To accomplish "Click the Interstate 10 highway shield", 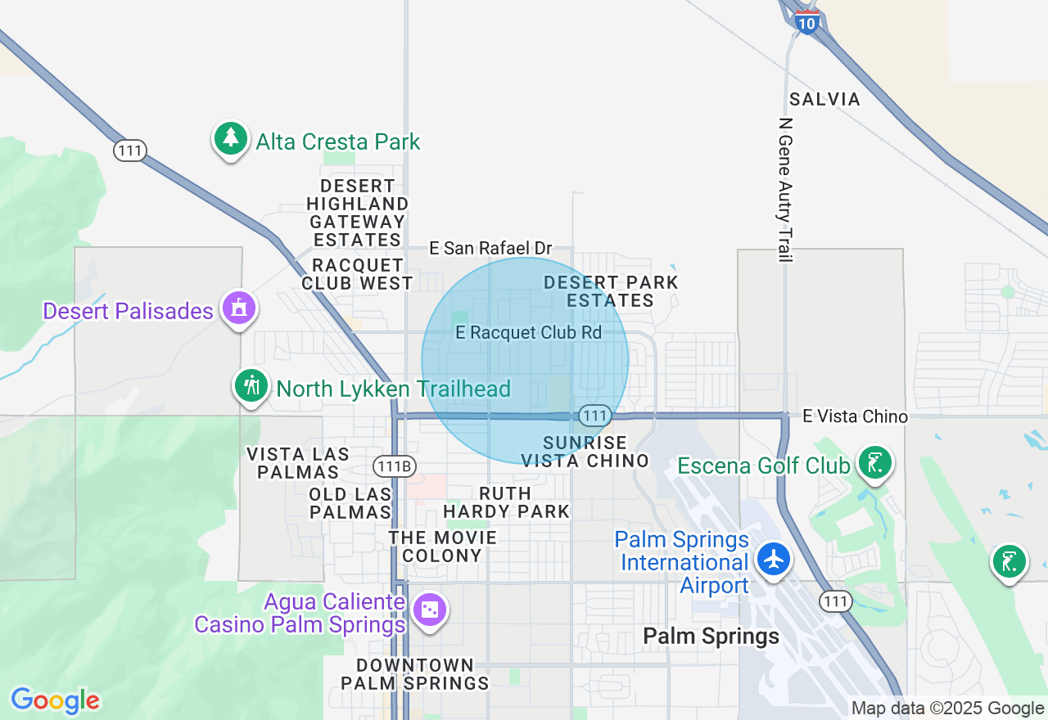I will point(807,23).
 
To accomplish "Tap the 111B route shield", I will point(395,466).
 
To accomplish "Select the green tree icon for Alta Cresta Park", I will point(231,139).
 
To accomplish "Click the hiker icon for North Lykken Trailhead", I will point(251,385).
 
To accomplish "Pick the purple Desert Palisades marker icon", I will point(238,308).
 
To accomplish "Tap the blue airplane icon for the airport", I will point(773,560).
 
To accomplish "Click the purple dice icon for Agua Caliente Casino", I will point(429,610).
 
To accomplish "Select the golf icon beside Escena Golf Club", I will point(875,463).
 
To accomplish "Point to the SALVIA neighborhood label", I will point(824,100).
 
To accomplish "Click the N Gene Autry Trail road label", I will point(786,190).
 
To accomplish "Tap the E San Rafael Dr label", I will point(491,248).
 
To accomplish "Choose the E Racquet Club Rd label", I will point(529,333).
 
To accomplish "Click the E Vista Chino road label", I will point(855,416).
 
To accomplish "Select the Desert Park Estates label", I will point(611,291).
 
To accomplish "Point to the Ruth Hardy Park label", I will point(506,502).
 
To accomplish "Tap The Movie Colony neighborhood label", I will point(443,547).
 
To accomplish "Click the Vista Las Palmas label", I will point(298,463).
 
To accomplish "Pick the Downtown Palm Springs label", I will point(415,674).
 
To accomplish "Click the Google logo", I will point(55,700).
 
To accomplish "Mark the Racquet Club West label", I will point(358,274).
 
